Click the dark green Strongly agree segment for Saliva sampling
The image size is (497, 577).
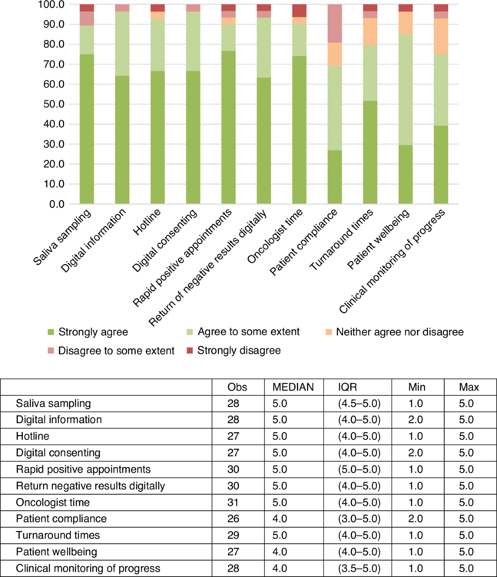point(87,128)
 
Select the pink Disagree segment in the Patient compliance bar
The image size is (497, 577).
point(335,24)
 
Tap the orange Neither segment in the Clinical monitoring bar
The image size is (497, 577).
point(441,36)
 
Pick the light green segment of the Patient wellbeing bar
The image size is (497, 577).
point(405,89)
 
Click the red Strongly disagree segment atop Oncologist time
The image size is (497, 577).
point(299,11)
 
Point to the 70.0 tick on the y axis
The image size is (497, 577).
point(54,64)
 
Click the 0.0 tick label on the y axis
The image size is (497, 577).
point(57,204)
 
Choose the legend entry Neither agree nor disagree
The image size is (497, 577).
point(400,332)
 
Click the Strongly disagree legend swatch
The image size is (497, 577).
point(190,351)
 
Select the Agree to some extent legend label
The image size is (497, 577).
point(248,332)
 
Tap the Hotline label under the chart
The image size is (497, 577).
point(147,222)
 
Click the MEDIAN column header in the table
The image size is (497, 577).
point(293,387)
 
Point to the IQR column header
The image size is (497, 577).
point(347,387)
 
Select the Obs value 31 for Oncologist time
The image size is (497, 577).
point(233,502)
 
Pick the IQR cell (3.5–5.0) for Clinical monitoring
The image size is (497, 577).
point(359,568)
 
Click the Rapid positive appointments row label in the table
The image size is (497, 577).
point(83,469)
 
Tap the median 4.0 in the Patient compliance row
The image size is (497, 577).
point(280,519)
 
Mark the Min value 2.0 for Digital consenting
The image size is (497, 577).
point(415,453)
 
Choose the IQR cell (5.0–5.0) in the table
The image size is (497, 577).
point(359,469)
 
